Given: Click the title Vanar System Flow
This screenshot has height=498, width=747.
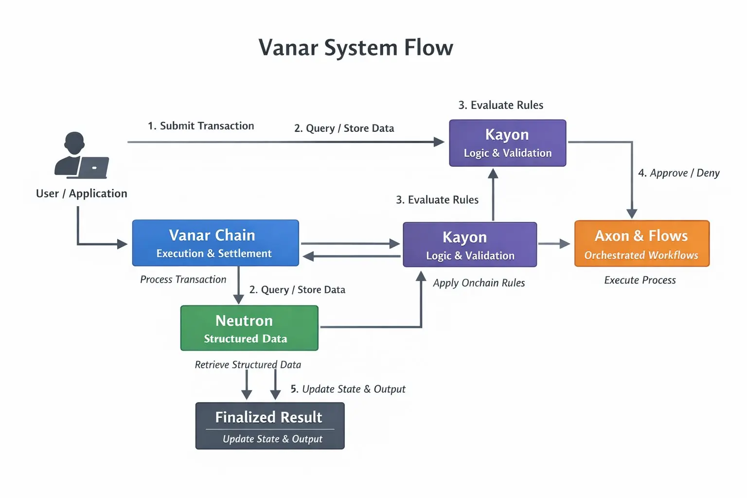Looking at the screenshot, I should click(x=356, y=48).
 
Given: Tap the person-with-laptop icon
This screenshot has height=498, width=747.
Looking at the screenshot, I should click(x=81, y=156).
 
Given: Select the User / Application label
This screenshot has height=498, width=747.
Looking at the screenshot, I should click(x=82, y=194).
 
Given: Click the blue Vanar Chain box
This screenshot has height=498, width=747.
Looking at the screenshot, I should click(x=215, y=243).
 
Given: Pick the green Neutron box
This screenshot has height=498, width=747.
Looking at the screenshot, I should click(x=249, y=328).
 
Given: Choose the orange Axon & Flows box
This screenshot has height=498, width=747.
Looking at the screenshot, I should click(x=641, y=243).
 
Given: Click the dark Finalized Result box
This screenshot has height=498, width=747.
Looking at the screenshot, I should click(x=270, y=426).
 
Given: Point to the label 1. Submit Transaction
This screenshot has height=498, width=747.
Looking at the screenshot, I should click(x=201, y=126).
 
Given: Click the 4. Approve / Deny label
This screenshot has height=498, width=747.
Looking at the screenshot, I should click(x=678, y=173).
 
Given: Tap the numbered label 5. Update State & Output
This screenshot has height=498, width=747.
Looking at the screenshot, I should click(x=348, y=389).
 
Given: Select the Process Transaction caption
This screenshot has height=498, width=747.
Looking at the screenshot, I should click(x=183, y=280).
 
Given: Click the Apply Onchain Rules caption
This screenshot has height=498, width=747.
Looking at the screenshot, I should click(x=479, y=283).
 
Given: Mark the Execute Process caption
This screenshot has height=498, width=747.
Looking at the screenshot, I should click(x=640, y=280).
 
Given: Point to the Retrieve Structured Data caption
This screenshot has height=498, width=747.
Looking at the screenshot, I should click(x=248, y=365).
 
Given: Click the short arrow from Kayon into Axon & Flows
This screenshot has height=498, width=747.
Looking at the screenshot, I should click(x=554, y=244).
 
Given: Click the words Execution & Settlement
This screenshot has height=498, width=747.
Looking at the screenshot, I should click(x=214, y=253).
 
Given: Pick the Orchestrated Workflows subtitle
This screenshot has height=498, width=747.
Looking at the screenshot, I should click(x=641, y=255).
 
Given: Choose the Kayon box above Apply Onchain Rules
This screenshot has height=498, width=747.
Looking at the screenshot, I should click(x=470, y=244).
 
